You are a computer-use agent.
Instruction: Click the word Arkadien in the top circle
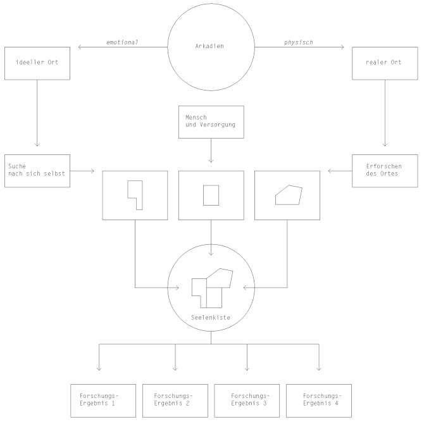tap(209, 46)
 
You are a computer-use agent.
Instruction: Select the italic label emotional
tap(122, 42)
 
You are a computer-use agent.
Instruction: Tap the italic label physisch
tap(299, 42)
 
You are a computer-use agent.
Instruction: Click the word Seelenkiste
tap(211, 318)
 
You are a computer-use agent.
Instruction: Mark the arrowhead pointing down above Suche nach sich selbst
tap(37, 146)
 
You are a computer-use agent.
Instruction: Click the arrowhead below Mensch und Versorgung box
tap(211, 161)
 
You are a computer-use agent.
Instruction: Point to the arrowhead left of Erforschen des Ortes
tap(329, 171)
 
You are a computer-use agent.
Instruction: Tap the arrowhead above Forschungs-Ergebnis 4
tap(319, 369)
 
